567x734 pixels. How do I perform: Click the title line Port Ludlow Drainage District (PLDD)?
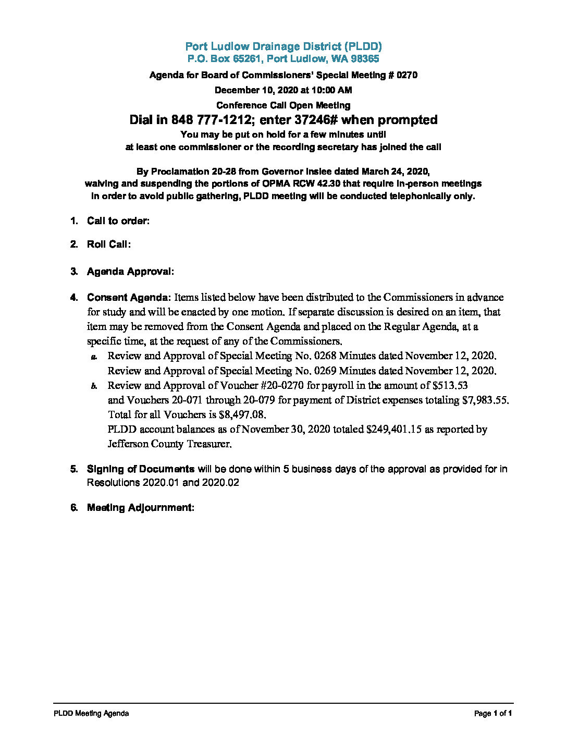click(x=283, y=46)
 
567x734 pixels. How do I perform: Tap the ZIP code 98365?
click(x=364, y=59)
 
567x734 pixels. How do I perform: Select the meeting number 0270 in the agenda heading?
click(x=406, y=75)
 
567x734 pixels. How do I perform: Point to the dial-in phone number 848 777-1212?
click(x=211, y=120)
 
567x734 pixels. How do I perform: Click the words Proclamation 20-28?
click(x=194, y=172)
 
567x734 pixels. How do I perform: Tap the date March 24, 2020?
click(x=395, y=172)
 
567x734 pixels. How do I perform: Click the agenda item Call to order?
click(x=118, y=221)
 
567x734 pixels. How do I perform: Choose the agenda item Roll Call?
click(x=108, y=244)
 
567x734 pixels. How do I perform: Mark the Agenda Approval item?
click(x=130, y=272)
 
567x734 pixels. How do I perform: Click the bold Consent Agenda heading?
click(x=129, y=298)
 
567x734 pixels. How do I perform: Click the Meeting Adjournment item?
click(x=140, y=508)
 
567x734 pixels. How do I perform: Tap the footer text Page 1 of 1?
click(x=493, y=714)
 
